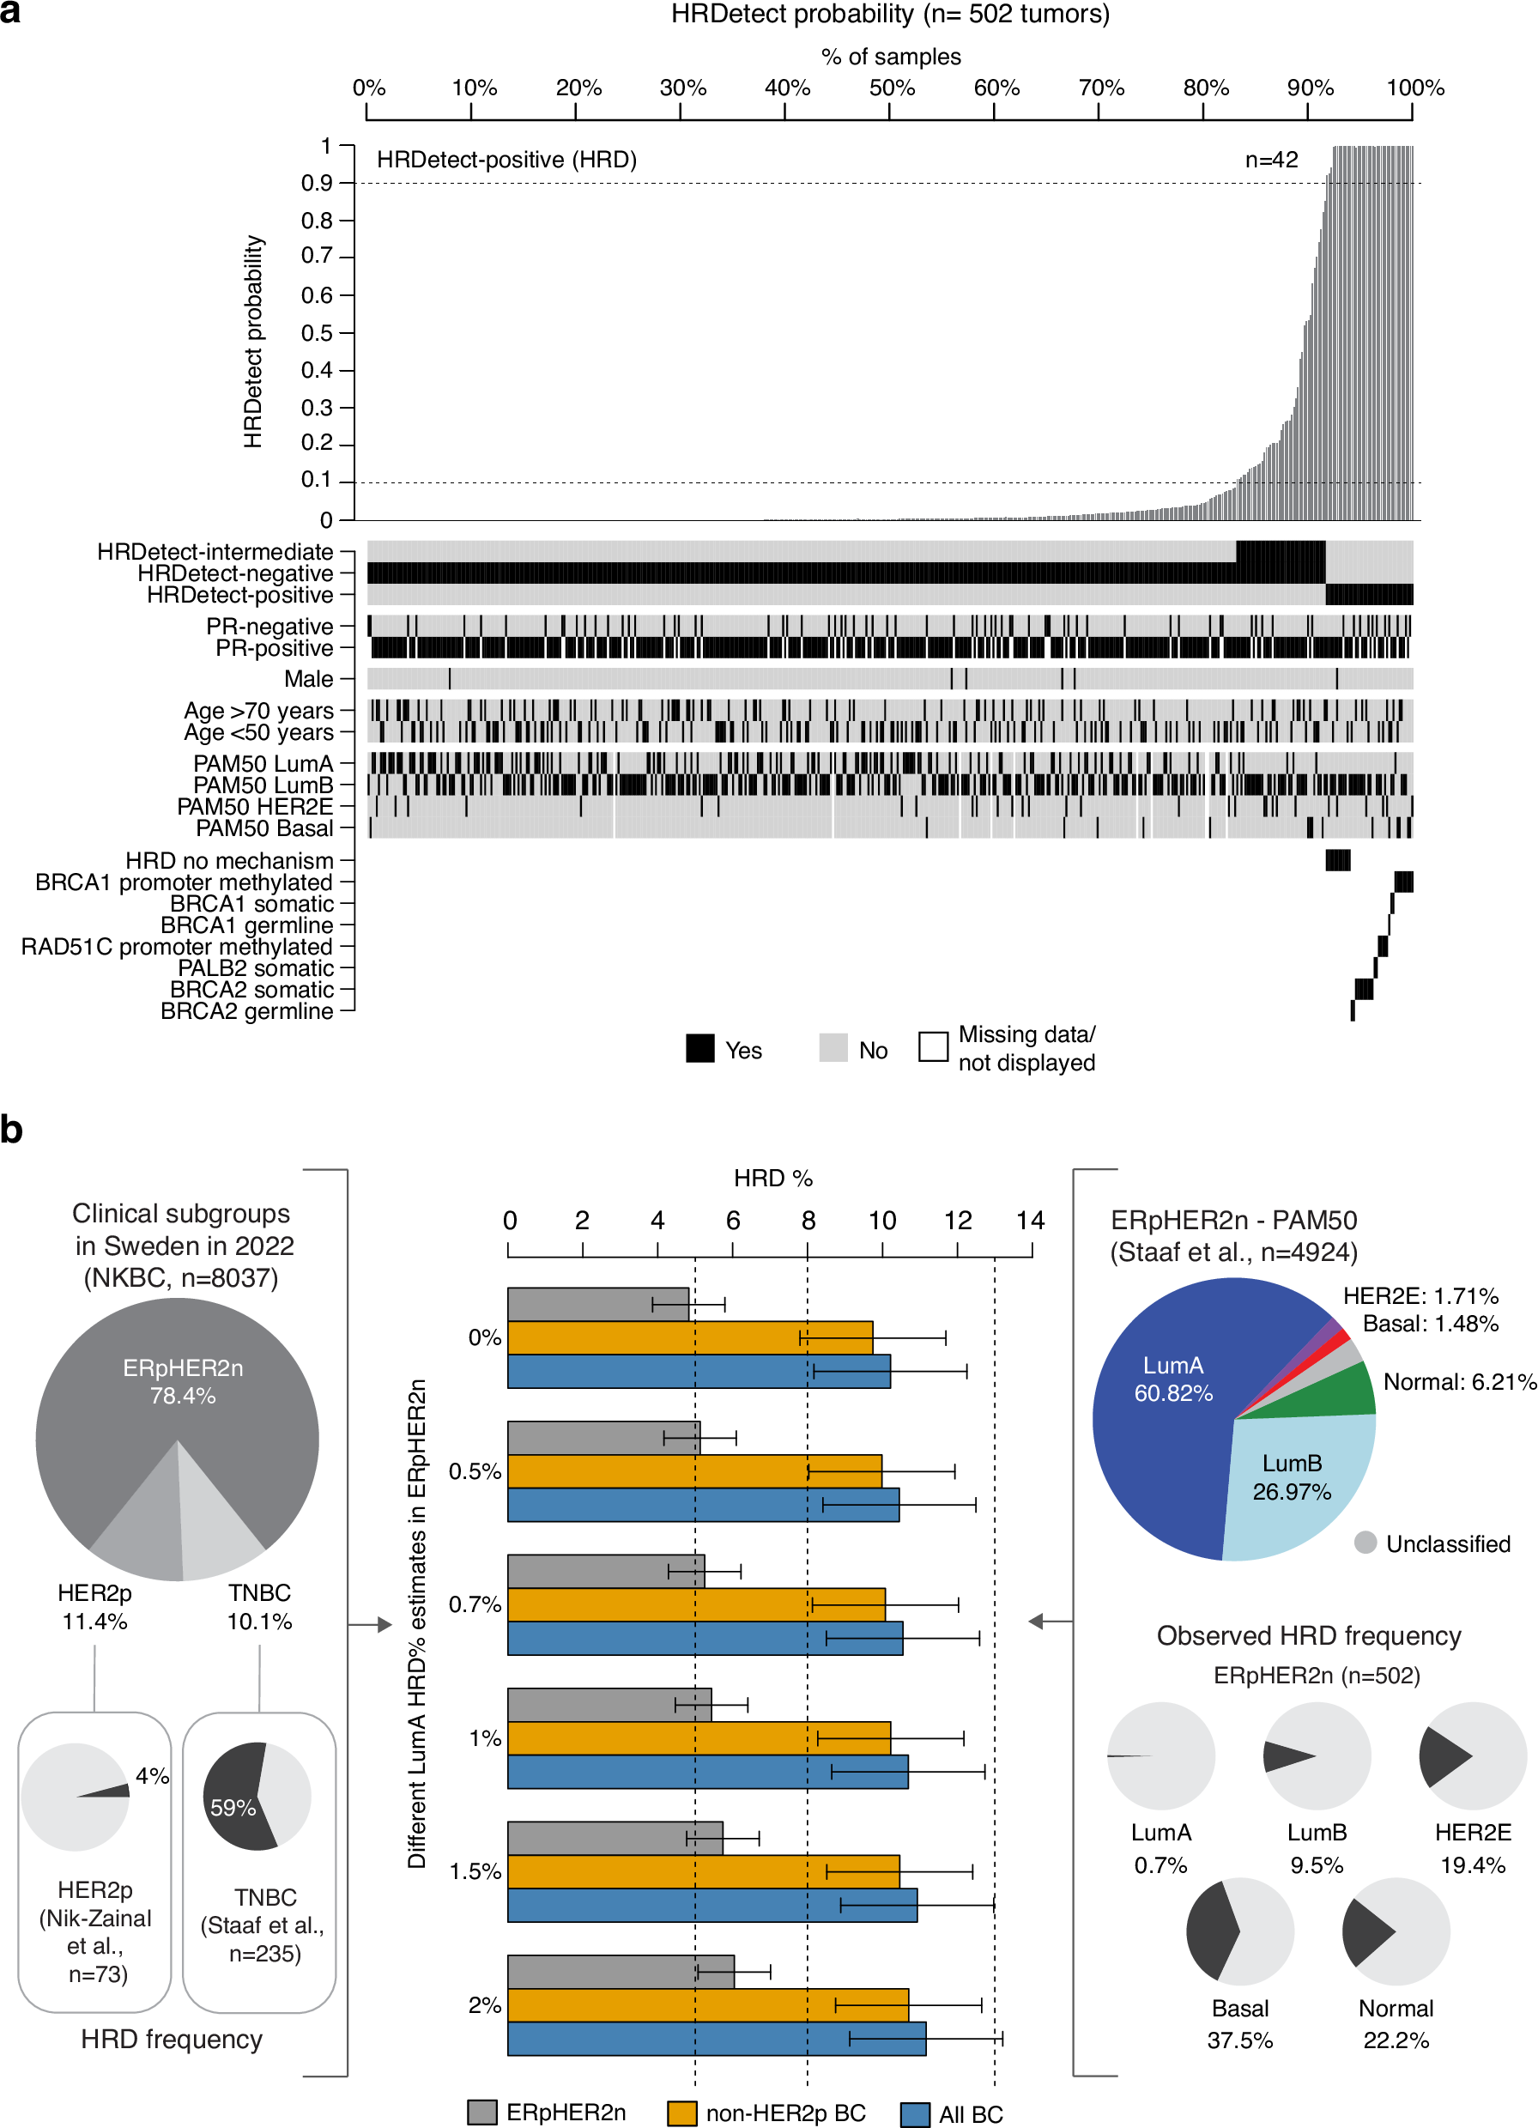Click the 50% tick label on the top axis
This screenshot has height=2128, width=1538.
(891, 88)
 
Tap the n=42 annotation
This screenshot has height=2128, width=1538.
(1270, 161)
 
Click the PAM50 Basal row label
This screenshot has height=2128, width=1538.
(263, 828)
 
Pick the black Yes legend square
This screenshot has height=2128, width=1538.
(700, 1048)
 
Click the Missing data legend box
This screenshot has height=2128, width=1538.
(933, 1046)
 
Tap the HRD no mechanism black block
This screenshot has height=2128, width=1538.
(1337, 859)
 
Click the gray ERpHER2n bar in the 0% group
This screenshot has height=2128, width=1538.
(597, 1304)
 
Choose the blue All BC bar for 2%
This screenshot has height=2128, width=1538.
(716, 2038)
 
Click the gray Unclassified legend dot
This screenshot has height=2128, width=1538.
(1365, 1543)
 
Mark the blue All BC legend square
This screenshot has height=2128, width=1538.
(914, 2114)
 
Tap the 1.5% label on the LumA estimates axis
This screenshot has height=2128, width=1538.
(475, 1872)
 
